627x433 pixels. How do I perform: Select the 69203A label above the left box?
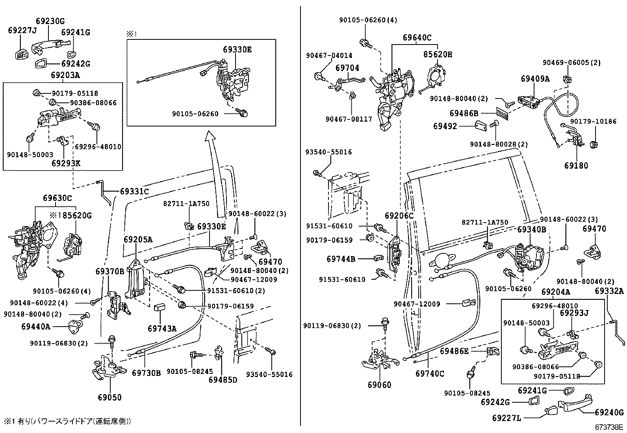click(x=65, y=75)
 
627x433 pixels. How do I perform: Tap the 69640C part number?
click(x=417, y=38)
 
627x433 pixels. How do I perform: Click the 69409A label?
click(x=535, y=78)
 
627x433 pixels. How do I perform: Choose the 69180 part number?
click(x=576, y=165)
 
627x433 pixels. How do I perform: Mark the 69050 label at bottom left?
click(x=110, y=397)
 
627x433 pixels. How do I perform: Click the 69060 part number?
click(x=379, y=385)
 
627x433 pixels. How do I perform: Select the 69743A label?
click(x=162, y=328)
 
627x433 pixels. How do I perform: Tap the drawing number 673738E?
click(x=609, y=427)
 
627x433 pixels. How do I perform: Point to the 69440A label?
click(x=36, y=326)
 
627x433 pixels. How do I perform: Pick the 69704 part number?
click(x=347, y=68)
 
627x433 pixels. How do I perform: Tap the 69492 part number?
click(x=445, y=126)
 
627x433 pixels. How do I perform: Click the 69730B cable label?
click(x=146, y=372)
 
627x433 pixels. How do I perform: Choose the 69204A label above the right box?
click(x=555, y=292)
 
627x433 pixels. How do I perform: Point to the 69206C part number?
click(x=399, y=216)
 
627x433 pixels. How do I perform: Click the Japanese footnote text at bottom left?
click(x=67, y=421)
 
